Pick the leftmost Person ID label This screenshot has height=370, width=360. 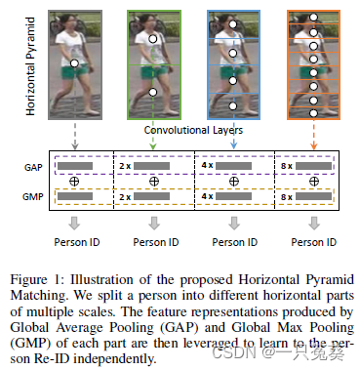pos(73,241)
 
